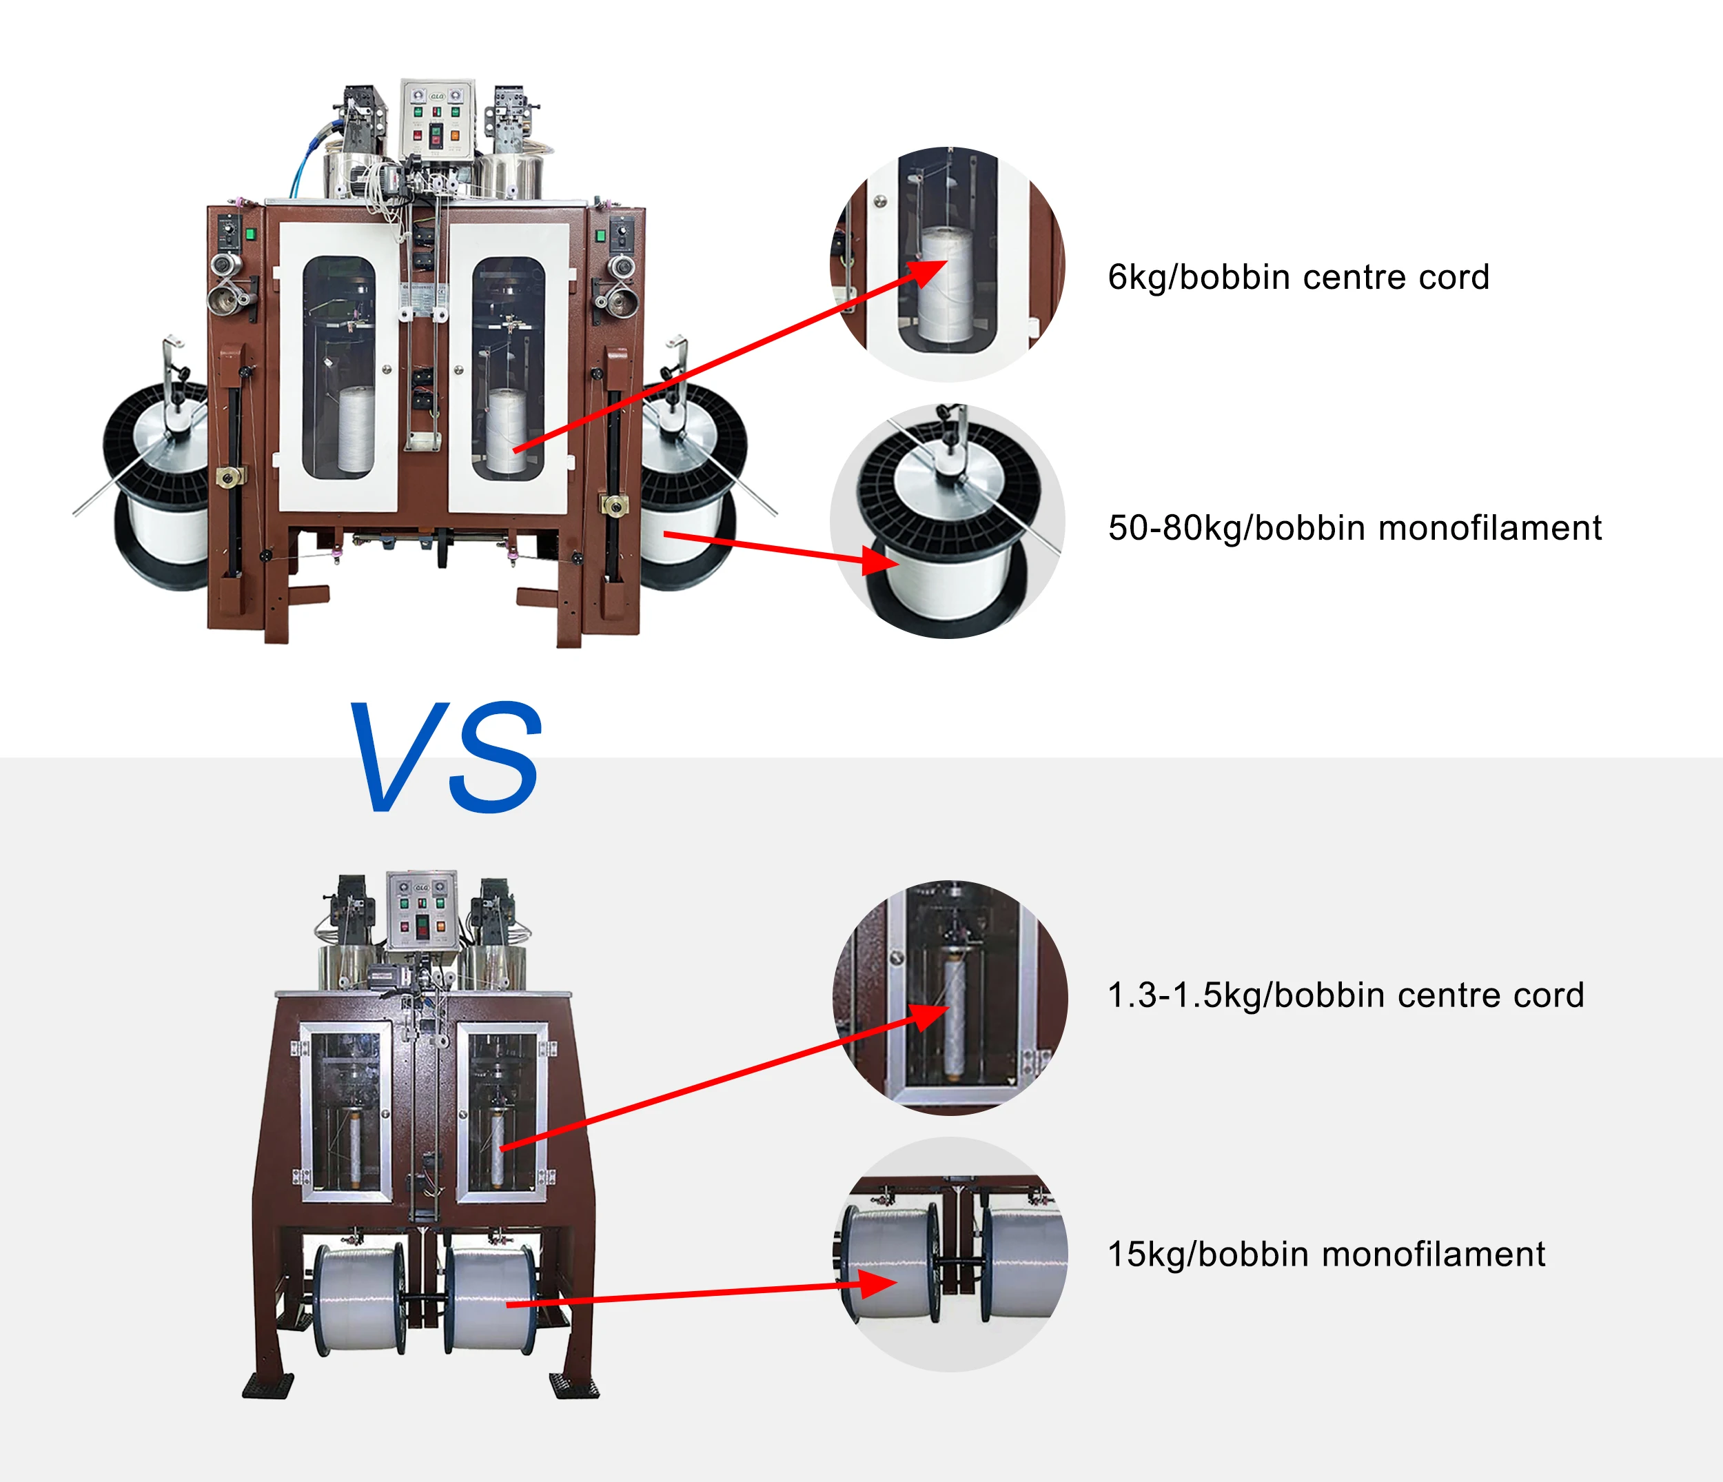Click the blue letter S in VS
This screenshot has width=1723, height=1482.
coord(496,757)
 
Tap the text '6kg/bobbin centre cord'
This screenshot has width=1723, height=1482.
coord(1298,278)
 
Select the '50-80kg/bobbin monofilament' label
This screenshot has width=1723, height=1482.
coord(1354,528)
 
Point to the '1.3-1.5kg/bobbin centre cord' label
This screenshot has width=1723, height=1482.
coord(1345,995)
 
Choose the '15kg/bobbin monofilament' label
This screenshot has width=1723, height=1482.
coord(1326,1254)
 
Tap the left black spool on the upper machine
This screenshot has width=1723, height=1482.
coord(156,487)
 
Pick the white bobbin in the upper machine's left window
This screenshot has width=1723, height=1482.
coord(355,430)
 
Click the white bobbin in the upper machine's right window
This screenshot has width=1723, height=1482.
coord(507,431)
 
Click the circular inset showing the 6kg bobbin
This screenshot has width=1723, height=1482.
coord(948,265)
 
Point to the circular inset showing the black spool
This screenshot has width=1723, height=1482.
coord(948,521)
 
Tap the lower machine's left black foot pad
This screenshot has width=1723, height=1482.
coord(268,1385)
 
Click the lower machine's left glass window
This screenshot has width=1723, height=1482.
coord(346,1111)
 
